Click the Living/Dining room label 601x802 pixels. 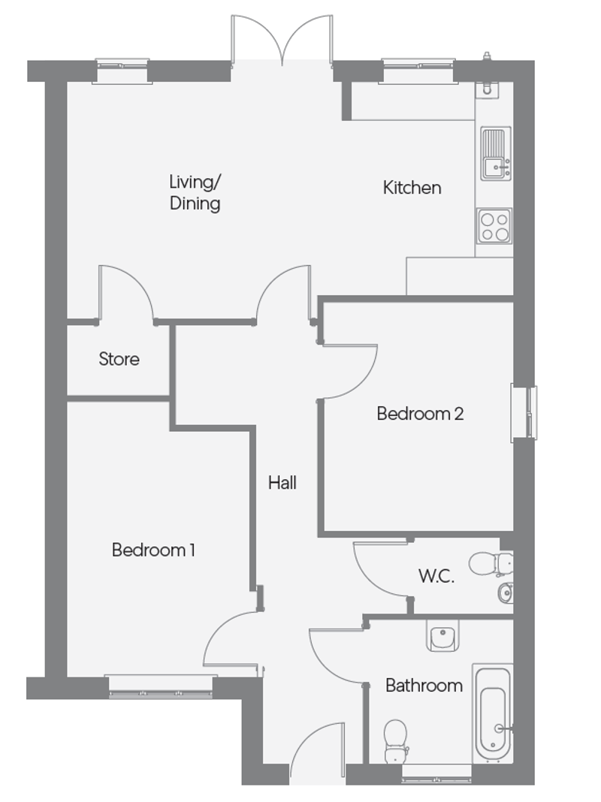tap(195, 192)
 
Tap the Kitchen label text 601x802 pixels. tap(412, 188)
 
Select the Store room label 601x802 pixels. tap(119, 359)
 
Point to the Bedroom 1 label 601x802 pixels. tap(153, 550)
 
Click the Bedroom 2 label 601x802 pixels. tap(419, 413)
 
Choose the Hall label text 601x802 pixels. tap(282, 483)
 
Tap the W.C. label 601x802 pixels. tap(436, 577)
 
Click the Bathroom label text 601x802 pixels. tap(424, 685)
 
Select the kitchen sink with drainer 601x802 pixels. tap(495, 154)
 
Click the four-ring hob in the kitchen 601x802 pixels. tap(494, 226)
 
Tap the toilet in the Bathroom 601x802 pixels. tap(396, 737)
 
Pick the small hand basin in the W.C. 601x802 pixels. tap(506, 593)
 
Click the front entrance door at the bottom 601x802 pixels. tap(317, 751)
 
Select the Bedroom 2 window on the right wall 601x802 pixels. tap(524, 412)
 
